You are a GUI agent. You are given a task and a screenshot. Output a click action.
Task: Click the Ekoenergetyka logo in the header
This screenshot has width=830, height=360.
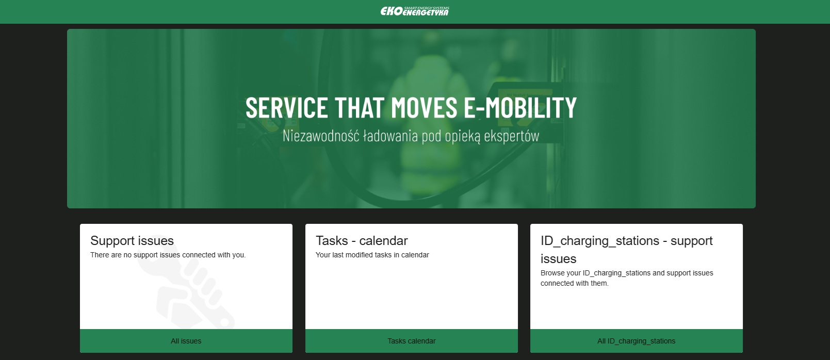tap(415, 11)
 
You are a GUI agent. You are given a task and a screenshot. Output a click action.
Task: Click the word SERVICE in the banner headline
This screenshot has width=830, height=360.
tap(286, 107)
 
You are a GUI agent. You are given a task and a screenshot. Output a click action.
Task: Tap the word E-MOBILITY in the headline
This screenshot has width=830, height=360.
tap(520, 107)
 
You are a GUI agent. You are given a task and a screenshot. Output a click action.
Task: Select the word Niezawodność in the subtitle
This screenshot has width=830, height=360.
tap(321, 136)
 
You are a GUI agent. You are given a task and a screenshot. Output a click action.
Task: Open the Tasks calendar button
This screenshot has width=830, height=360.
tap(411, 341)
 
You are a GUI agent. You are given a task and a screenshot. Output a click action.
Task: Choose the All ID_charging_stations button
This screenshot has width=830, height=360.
tap(636, 341)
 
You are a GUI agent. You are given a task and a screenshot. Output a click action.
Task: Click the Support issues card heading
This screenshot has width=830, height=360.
tap(132, 241)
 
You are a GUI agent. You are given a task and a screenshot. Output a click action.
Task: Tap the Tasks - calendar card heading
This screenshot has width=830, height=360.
tap(362, 241)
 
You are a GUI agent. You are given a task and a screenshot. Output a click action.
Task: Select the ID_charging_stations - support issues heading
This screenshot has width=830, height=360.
tap(627, 250)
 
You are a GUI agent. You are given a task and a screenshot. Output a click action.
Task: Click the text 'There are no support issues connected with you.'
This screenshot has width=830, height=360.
tap(168, 255)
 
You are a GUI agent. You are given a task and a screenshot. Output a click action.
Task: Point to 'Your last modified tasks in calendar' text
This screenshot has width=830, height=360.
tap(372, 255)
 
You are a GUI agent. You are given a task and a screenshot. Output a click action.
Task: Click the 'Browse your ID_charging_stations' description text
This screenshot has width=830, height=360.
tap(627, 278)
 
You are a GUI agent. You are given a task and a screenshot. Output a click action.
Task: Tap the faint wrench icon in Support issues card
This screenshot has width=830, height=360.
tap(185, 282)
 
